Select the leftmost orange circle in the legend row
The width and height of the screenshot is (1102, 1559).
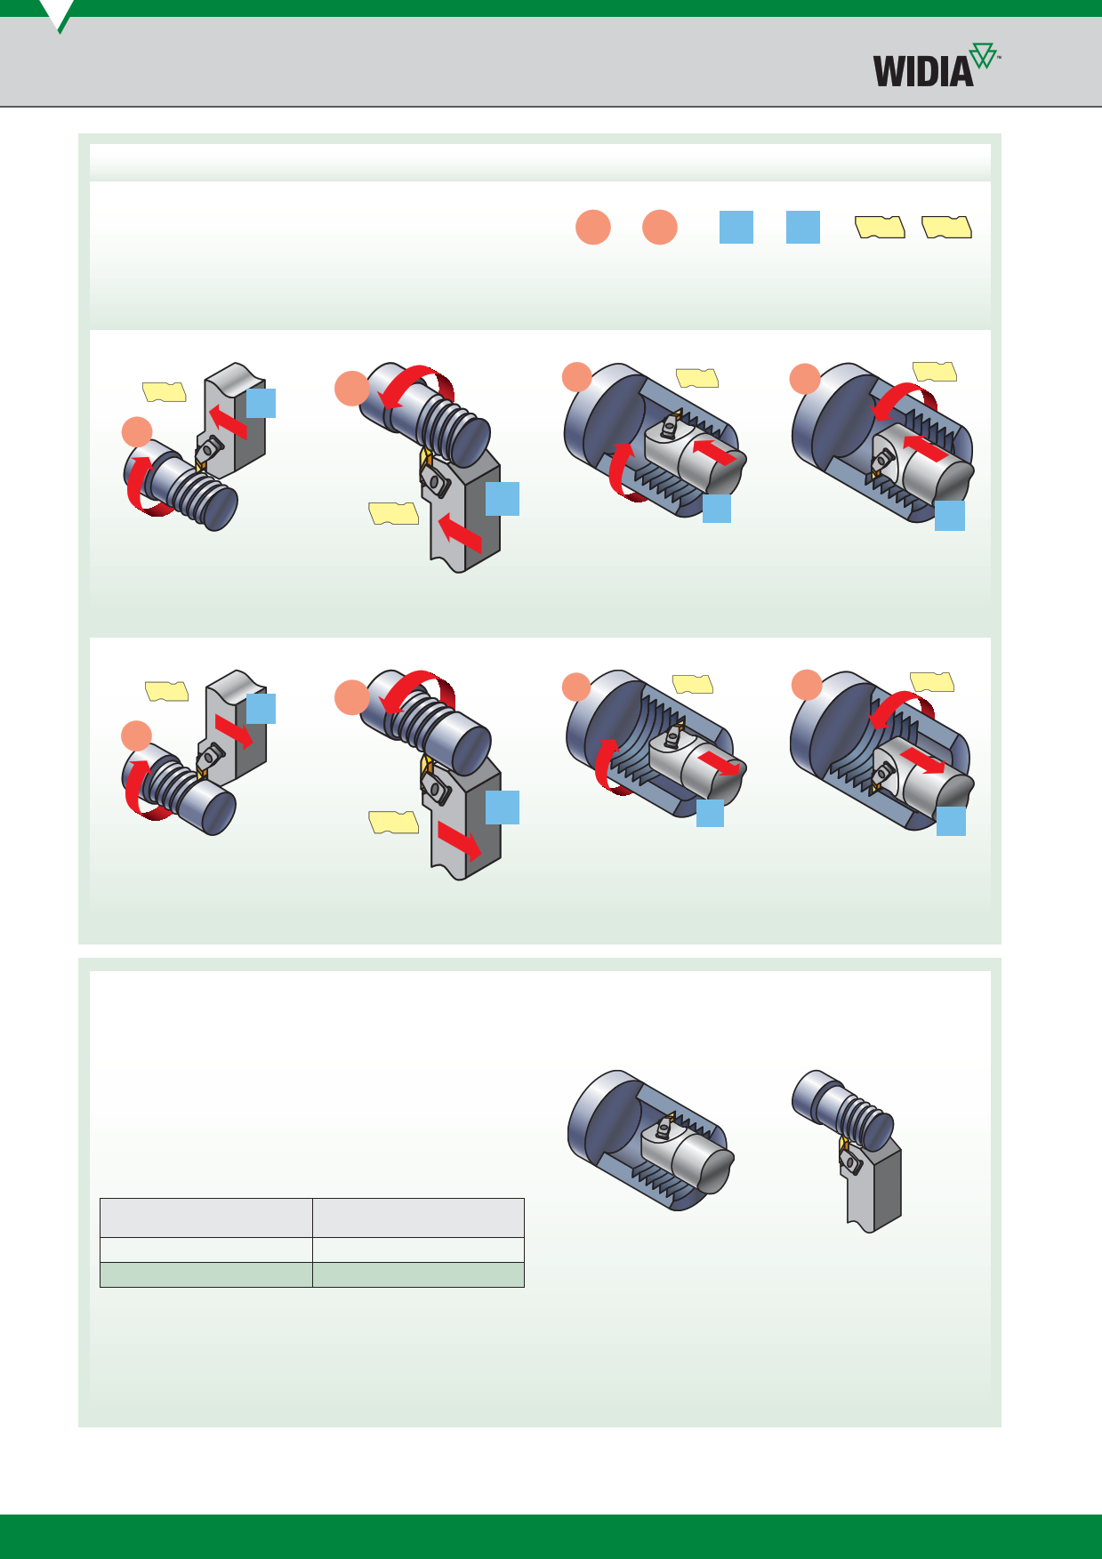(593, 227)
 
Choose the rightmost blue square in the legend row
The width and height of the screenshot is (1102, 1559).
(803, 227)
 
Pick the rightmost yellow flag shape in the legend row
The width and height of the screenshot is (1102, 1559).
(946, 228)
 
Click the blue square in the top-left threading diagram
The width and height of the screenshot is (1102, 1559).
(261, 403)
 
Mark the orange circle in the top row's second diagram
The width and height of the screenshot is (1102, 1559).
(352, 389)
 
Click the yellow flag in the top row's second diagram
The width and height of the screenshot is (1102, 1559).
(394, 513)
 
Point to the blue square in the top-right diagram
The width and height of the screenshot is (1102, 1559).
(950, 516)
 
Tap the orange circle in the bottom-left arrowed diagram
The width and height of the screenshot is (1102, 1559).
(136, 735)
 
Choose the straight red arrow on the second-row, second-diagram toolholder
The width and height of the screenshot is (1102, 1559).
(459, 840)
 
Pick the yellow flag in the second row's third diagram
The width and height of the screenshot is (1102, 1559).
(693, 684)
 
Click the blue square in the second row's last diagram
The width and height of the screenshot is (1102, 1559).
(951, 821)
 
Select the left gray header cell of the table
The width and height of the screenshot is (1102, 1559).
(206, 1217)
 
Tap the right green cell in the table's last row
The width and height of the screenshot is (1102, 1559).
(418, 1274)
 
